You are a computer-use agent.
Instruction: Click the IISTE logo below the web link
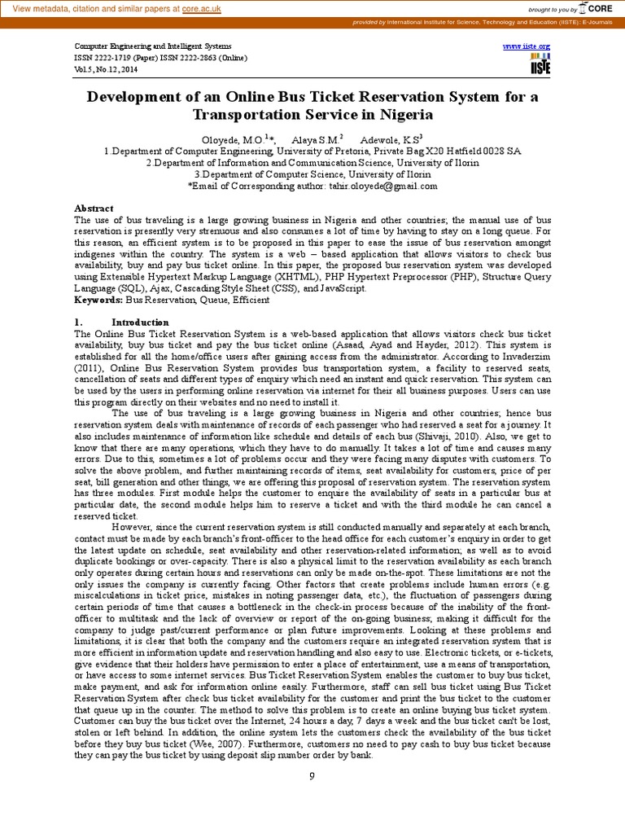tap(540, 65)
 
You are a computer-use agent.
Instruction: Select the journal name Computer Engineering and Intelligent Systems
tap(153, 46)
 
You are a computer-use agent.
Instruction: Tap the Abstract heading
tap(94, 208)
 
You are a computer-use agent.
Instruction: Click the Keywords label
tap(98, 300)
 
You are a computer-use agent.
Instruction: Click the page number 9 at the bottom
tap(312, 775)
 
